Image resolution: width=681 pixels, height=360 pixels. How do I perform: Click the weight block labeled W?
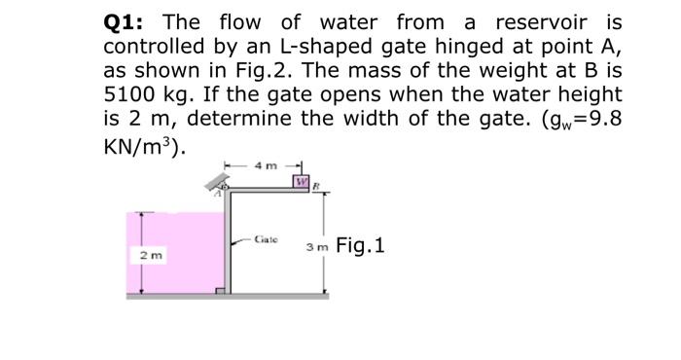pyautogui.click(x=303, y=182)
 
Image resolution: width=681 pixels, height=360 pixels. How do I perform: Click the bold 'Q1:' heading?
pyautogui.click(x=128, y=21)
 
